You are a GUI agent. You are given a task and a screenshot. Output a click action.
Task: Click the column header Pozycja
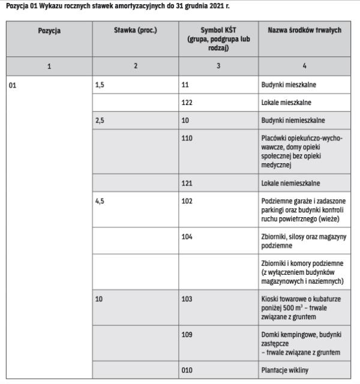50,30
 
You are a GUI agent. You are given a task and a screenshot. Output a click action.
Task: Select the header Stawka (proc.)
136,30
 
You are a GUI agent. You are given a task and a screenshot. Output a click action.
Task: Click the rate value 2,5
100,120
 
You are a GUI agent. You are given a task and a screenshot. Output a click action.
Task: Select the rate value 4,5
100,200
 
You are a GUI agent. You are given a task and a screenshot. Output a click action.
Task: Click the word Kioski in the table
272,297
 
